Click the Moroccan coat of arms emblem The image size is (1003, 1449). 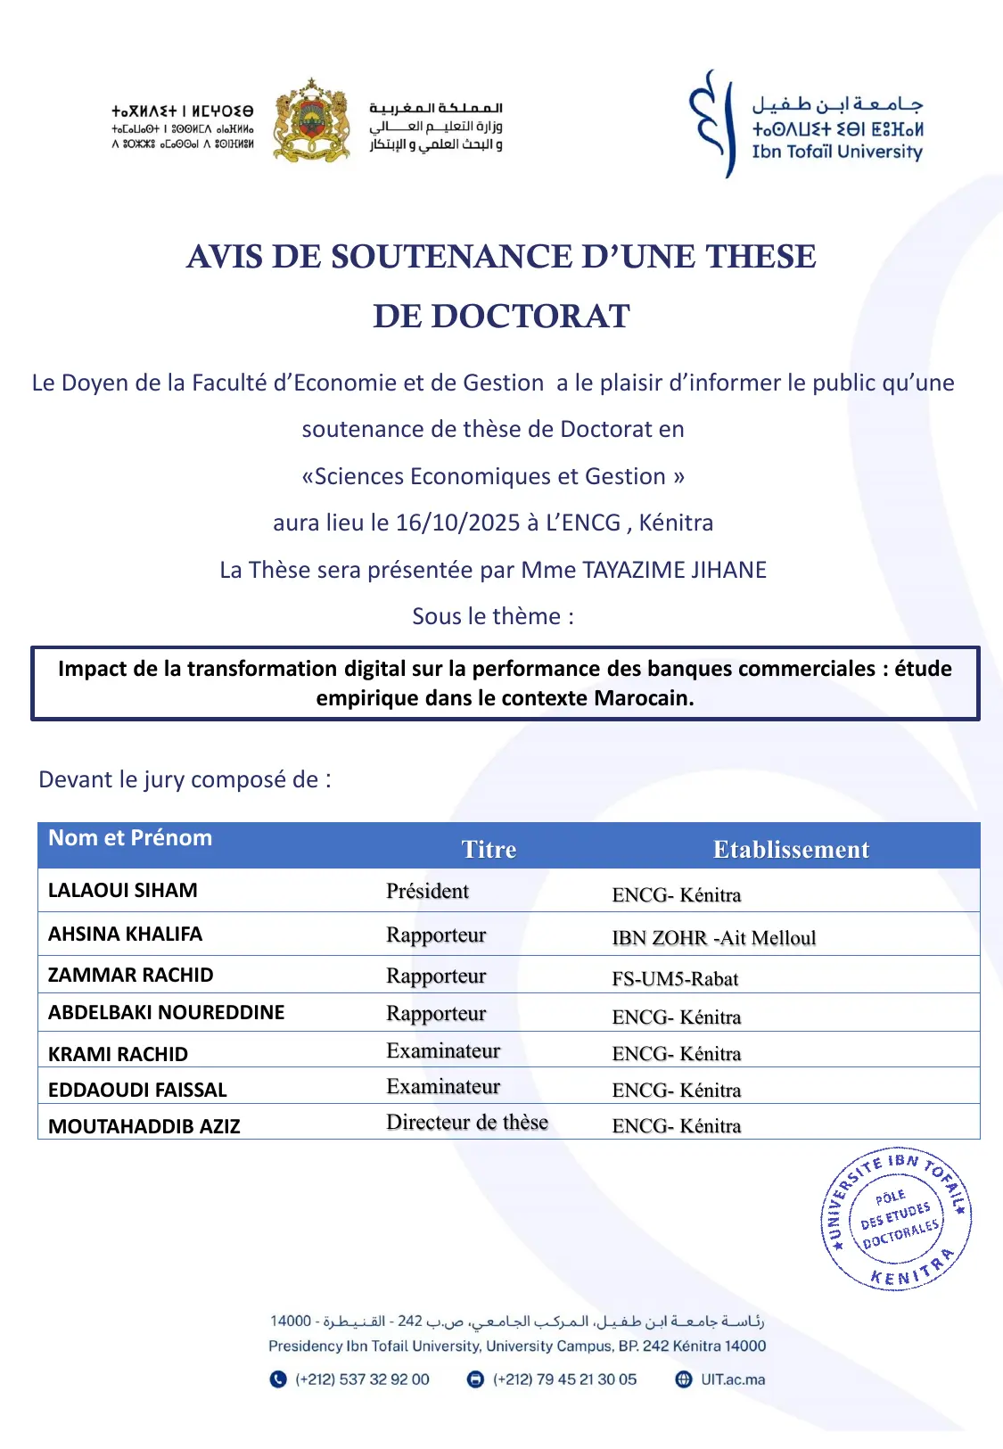(311, 122)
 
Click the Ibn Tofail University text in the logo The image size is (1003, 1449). (836, 152)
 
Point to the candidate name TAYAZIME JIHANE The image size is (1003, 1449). (674, 570)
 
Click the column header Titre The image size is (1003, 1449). (489, 849)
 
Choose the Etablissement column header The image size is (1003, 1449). (791, 849)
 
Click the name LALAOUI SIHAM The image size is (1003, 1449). (123, 890)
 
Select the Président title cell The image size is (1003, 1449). (427, 891)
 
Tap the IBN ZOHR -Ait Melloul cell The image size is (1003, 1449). (713, 937)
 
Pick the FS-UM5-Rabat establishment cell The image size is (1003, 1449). (675, 978)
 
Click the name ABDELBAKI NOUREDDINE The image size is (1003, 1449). (167, 1012)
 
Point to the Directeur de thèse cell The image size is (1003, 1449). (467, 1122)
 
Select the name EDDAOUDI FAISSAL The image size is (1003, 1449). (137, 1090)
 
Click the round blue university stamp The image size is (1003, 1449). (895, 1218)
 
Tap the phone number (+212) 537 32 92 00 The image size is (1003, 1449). (362, 1379)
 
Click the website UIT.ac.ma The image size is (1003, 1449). (732, 1379)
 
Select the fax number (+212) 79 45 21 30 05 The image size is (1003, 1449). (564, 1379)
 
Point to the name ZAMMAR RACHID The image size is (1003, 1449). (130, 975)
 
